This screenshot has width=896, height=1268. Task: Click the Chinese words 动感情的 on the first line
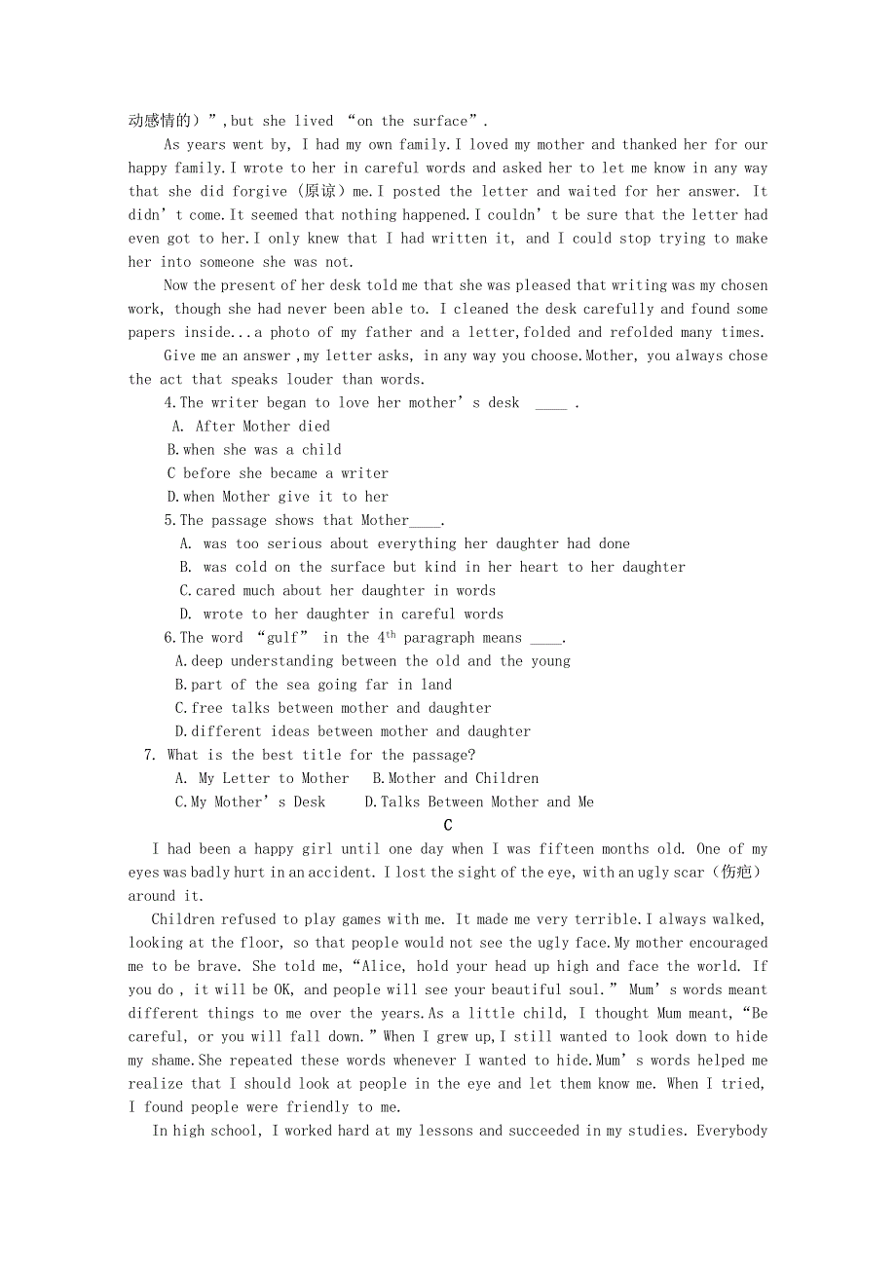click(159, 121)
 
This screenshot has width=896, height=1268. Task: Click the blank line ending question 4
click(551, 403)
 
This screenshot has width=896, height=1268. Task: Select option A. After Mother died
click(251, 427)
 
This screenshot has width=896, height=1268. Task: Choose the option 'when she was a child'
click(254, 450)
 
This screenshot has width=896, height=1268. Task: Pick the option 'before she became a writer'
click(278, 473)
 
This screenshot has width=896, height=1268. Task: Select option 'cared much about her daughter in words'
click(337, 591)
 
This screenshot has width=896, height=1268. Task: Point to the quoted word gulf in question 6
click(282, 638)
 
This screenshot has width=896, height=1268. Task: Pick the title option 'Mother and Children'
click(456, 778)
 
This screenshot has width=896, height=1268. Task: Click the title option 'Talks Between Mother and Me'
click(479, 802)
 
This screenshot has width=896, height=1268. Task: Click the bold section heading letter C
click(448, 826)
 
